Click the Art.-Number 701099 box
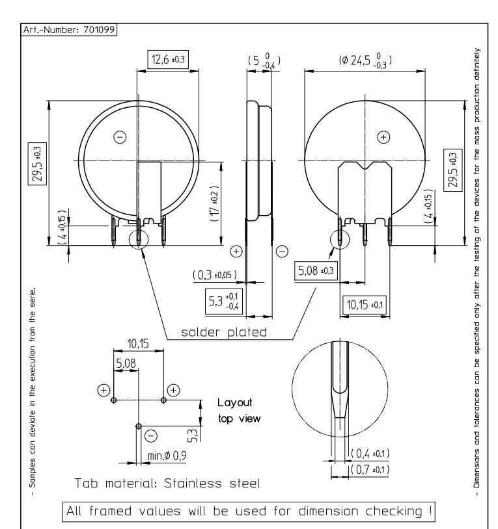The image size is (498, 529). point(69,30)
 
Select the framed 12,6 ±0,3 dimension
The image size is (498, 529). point(168,59)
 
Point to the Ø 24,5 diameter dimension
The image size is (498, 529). point(365,60)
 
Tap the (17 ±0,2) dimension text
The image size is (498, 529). point(215,203)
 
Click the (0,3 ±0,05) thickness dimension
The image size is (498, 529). point(215,275)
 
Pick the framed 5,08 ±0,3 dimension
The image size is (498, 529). point(316,270)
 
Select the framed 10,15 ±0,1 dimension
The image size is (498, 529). point(365,305)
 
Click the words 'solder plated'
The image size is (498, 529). point(224,332)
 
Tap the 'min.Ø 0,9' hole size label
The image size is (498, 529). point(167,456)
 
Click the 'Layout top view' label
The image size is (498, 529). point(239,410)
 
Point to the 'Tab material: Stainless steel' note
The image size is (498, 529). point(167,483)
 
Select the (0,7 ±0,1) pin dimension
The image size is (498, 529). point(370,469)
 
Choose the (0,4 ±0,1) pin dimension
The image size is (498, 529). point(370,454)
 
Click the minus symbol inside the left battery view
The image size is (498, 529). point(120,137)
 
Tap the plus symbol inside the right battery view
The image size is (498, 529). point(383,137)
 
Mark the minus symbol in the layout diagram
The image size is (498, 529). point(151,436)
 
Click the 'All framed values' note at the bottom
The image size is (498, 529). point(249,511)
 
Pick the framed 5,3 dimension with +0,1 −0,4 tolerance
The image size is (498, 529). point(224,302)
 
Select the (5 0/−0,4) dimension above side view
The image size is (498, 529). point(264,60)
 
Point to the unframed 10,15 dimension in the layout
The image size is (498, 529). point(138,344)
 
